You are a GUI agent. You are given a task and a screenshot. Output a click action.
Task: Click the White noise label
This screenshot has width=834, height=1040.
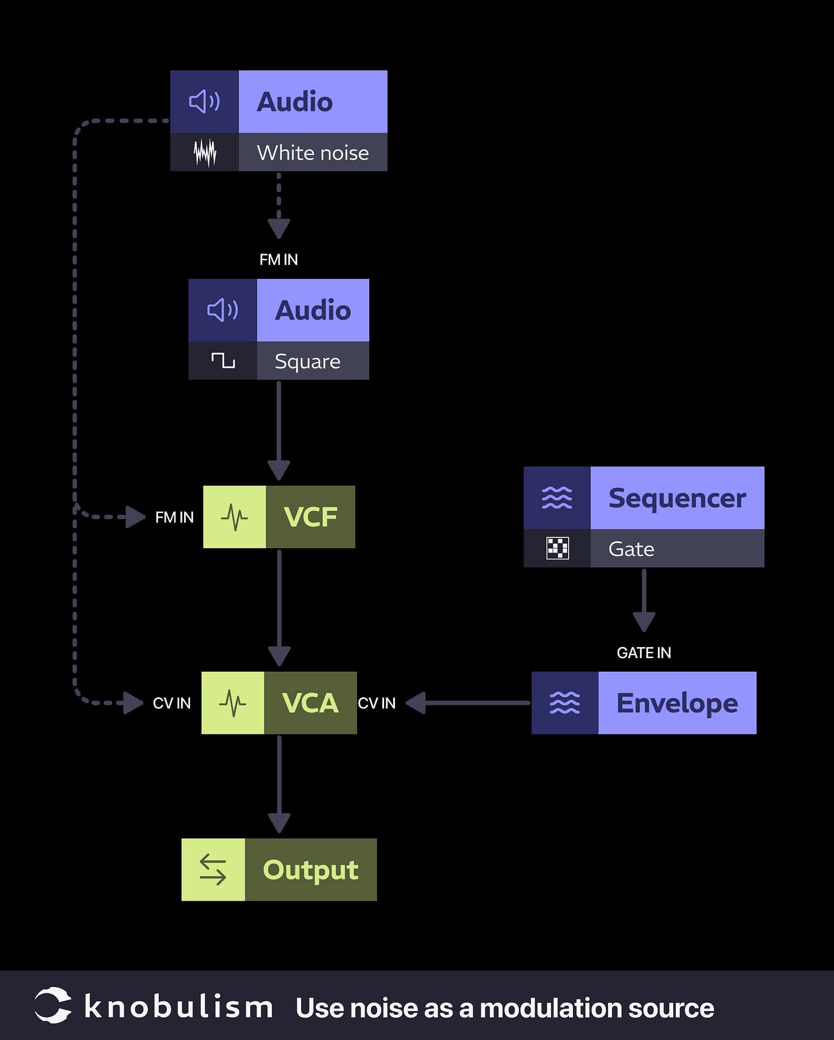[x=312, y=153]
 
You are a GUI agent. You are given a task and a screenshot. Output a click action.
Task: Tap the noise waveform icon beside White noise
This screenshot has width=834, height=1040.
[x=205, y=153]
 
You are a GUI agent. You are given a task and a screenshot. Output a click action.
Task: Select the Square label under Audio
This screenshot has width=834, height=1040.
[x=307, y=361]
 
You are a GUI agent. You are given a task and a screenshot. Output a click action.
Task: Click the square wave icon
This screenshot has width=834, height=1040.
[x=223, y=360]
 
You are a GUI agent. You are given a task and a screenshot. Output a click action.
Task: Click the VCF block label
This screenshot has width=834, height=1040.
[x=310, y=517]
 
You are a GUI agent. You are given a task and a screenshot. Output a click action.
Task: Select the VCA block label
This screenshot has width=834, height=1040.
[x=310, y=703]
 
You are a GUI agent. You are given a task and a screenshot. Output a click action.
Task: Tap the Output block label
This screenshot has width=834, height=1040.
[x=310, y=870]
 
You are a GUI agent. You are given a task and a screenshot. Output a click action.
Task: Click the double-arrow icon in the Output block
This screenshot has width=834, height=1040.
[x=213, y=870]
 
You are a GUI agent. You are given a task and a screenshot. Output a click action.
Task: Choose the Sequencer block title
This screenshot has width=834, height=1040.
[x=677, y=498]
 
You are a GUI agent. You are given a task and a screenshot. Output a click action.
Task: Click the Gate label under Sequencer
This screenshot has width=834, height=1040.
[x=631, y=549]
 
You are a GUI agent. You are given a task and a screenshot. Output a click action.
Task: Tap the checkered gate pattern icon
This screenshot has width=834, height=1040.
[x=557, y=548]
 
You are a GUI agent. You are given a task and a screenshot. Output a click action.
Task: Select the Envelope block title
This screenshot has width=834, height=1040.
[x=677, y=703]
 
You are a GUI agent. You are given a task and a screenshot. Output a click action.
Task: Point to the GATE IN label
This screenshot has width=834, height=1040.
[x=643, y=653]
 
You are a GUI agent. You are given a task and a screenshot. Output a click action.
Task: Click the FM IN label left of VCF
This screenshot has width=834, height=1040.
[x=174, y=517]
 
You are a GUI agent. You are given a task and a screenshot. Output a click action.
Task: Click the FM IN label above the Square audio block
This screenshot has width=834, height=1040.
[x=278, y=259]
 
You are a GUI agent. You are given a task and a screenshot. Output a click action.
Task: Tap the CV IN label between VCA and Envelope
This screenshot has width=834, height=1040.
[x=376, y=703]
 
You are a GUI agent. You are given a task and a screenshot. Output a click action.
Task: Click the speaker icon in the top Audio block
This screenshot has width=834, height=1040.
[x=204, y=101]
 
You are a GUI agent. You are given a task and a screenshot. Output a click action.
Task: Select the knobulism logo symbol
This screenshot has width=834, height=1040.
[x=53, y=1006]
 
